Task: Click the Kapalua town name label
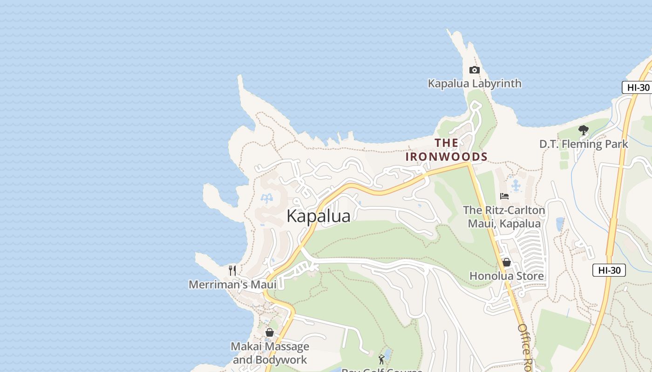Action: pos(319,216)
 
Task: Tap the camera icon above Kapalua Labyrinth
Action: pos(474,70)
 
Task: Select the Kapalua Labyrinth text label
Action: pos(475,84)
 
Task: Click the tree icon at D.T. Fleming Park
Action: pos(583,130)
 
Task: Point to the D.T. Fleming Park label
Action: pos(584,144)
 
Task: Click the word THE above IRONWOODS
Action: pos(446,143)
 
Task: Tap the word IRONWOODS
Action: pos(446,157)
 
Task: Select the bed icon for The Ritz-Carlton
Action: pos(504,196)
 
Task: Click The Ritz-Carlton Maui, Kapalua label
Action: pos(504,217)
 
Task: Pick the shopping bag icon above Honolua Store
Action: pos(507,263)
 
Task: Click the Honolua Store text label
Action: pos(506,276)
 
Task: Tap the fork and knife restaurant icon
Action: pos(232,271)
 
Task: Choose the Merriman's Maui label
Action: pos(232,285)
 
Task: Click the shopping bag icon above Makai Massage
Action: pos(269,333)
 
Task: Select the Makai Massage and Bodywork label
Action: pos(270,353)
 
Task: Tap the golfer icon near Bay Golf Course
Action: pos(381,359)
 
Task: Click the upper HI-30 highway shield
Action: pos(638,87)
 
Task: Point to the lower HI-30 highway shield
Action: pos(609,270)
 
